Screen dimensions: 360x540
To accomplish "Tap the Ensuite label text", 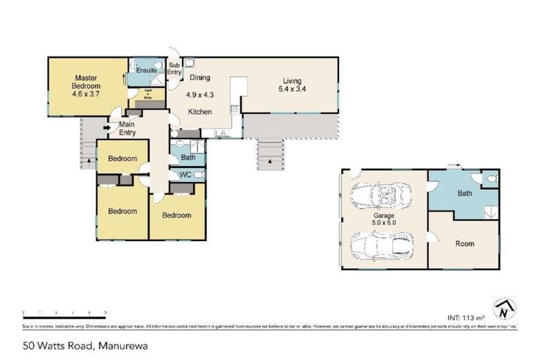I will click(146, 71).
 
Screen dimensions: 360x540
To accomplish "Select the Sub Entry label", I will click(174, 69).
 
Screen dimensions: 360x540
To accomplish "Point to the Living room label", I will click(292, 85).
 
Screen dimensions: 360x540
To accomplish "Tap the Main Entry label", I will click(127, 129).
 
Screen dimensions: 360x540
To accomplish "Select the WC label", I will click(186, 174).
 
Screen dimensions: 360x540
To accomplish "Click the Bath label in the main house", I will click(187, 157).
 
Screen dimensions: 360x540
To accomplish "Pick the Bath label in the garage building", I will click(464, 193).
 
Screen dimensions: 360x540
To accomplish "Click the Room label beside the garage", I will click(464, 244).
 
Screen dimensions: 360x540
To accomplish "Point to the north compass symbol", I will click(503, 308).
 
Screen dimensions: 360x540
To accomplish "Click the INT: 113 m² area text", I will click(467, 316).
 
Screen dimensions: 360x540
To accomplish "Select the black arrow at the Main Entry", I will click(105, 128).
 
